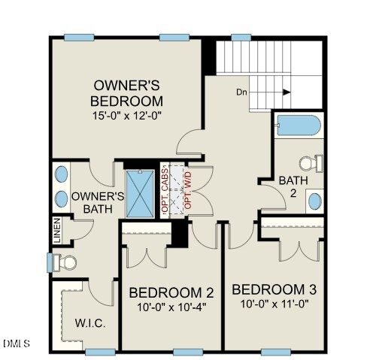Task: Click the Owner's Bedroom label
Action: coord(126,92)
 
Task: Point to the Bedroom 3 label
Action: coord(273,290)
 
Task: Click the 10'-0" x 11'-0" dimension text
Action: coord(273,304)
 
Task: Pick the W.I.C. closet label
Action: coord(89,324)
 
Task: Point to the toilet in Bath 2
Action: coord(311,162)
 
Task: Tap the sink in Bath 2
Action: coord(315,201)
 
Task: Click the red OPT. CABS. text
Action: coord(165,192)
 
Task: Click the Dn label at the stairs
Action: coord(241,92)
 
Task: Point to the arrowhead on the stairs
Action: coord(287,92)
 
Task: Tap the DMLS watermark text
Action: coord(15,344)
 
